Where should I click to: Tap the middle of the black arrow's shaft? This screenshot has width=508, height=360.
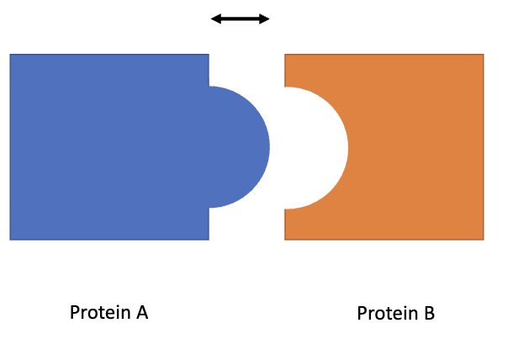point(240,18)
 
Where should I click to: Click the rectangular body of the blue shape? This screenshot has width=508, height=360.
point(109,147)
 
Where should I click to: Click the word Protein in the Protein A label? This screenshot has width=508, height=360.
point(95,313)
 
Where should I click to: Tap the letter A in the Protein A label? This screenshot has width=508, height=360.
point(141,313)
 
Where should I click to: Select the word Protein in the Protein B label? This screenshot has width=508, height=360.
point(383,314)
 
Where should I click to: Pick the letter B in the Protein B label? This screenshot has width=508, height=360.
point(429,314)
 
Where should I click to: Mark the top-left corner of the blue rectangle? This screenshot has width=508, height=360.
point(10,55)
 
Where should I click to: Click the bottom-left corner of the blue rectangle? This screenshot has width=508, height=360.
point(10,240)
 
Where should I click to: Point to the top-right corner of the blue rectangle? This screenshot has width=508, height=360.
point(209,55)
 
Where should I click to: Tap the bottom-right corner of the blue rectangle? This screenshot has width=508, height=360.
point(209,240)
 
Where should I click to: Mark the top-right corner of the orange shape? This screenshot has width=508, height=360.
point(484,55)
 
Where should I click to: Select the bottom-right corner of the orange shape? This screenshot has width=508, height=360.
point(484,240)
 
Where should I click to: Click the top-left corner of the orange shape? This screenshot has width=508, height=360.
point(285,55)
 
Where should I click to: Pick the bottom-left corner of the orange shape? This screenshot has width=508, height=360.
point(285,240)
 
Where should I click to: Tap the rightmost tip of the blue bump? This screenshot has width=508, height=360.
point(269,147)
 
